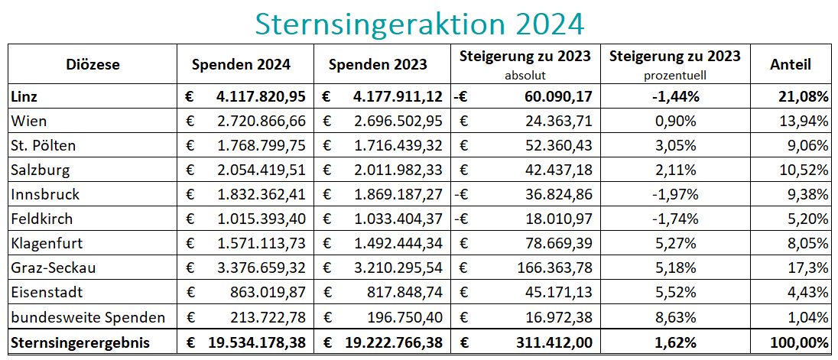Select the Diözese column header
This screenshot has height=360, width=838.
click(x=93, y=65)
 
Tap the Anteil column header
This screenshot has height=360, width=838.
click(x=791, y=65)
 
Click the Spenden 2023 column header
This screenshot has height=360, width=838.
click(x=378, y=65)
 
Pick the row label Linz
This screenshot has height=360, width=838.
click(x=25, y=97)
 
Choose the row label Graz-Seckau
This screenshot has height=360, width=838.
click(x=54, y=268)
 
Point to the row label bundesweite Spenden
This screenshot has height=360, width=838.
click(x=88, y=317)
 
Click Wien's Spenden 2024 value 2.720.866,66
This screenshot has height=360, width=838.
click(x=260, y=122)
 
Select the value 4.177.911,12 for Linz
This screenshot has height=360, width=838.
click(x=398, y=97)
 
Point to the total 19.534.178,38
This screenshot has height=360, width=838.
click(x=256, y=342)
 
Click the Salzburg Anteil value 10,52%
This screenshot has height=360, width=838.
click(x=805, y=170)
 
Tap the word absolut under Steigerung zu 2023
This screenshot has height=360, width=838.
click(x=525, y=76)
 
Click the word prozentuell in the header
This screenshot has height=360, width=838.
click(x=674, y=76)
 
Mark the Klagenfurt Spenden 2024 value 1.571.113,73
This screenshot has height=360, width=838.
click(x=260, y=244)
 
